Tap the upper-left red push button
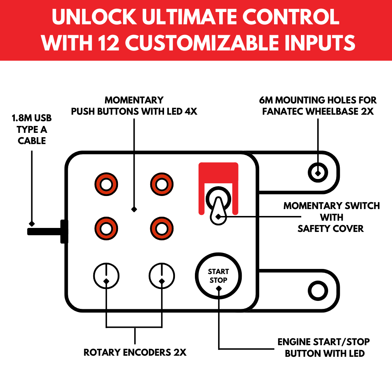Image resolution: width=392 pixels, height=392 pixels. [x=106, y=184]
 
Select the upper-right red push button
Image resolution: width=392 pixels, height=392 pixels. [x=162, y=184]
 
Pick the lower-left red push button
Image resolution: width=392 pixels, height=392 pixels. [x=106, y=229]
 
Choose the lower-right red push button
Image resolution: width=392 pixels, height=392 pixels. [x=162, y=229]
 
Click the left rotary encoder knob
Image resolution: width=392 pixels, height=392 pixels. [x=106, y=276]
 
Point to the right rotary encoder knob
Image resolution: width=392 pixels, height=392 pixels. [x=162, y=276]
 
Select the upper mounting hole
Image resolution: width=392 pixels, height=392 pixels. [x=318, y=171]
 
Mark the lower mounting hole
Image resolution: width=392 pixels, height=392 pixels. [x=318, y=290]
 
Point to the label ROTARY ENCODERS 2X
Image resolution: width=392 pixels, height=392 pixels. [x=135, y=352]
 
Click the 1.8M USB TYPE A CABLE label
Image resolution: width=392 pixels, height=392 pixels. [x=32, y=130]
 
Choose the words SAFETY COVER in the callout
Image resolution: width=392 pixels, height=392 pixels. [x=330, y=228]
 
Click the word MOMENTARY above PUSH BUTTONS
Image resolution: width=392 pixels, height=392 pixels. [x=134, y=100]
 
